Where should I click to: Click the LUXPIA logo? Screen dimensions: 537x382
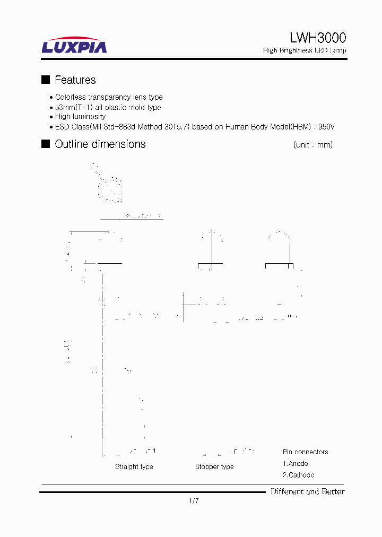[74, 46]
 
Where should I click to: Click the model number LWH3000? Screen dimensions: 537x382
[318, 38]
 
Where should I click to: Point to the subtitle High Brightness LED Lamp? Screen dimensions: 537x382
[305, 50]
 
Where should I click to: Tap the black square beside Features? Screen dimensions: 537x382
[46, 80]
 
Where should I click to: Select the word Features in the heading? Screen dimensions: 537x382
[75, 80]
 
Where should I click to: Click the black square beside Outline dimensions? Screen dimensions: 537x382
[46, 144]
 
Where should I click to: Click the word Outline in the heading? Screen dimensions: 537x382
[72, 144]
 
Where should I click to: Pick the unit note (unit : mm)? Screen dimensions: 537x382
[312, 145]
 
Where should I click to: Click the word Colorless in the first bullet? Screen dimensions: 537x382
[71, 98]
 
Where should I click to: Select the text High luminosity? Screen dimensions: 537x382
[80, 117]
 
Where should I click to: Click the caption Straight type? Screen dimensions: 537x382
[134, 466]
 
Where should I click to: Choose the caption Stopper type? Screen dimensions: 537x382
[214, 466]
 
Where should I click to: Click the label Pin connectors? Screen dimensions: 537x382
[305, 452]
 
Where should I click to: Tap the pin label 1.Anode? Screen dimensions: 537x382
[296, 463]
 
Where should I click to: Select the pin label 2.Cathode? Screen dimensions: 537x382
[298, 475]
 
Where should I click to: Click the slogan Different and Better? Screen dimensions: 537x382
[308, 491]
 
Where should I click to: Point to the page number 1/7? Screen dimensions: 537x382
[194, 501]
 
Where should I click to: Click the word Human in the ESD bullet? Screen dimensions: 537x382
[237, 127]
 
